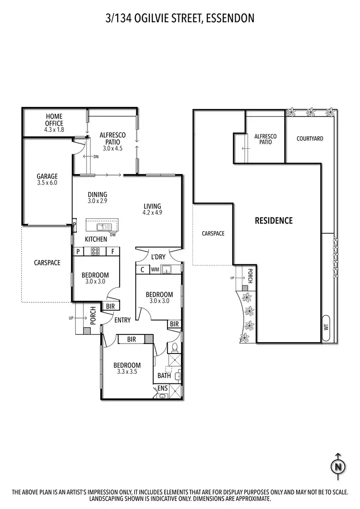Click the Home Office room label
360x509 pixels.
tap(54, 120)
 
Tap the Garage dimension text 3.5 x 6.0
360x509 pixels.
tap(47, 183)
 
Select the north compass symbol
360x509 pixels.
tap(338, 466)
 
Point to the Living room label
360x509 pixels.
tap(152, 206)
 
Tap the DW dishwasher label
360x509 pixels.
tap(112, 235)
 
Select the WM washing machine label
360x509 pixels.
tap(155, 270)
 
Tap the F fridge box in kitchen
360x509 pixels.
tap(112, 251)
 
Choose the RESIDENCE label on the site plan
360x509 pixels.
tap(273, 221)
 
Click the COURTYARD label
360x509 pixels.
tap(310, 139)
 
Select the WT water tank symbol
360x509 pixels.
tap(326, 328)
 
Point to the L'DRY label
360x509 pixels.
tap(158, 257)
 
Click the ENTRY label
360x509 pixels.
tap(122, 320)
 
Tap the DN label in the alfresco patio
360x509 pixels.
tap(96, 156)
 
